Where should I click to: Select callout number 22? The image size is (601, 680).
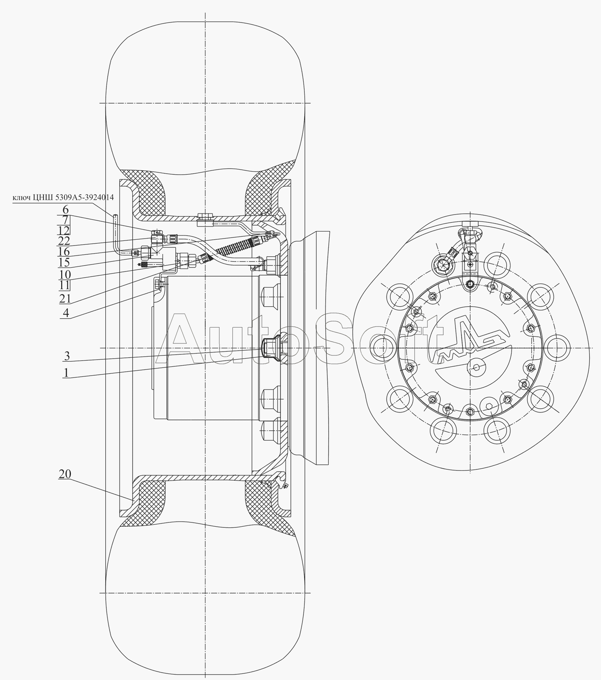(x=64, y=241)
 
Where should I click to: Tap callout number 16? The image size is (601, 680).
(x=64, y=252)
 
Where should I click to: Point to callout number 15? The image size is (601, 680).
(x=64, y=263)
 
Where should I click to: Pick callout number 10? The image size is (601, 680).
(x=64, y=275)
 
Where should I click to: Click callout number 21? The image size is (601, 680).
(x=64, y=298)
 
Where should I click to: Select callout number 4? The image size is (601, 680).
(x=66, y=313)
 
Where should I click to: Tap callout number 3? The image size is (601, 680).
(x=67, y=355)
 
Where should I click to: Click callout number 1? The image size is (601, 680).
(x=66, y=373)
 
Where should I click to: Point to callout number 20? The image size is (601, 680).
(x=65, y=474)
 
